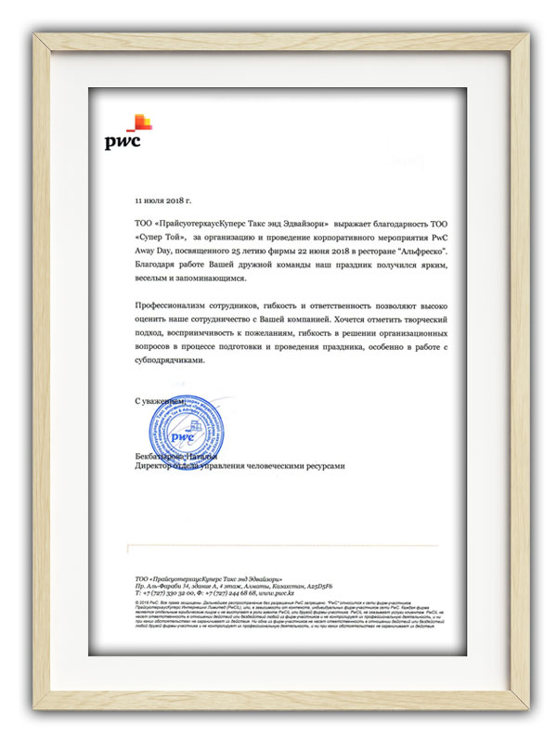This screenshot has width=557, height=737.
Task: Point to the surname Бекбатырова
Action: [162, 458]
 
